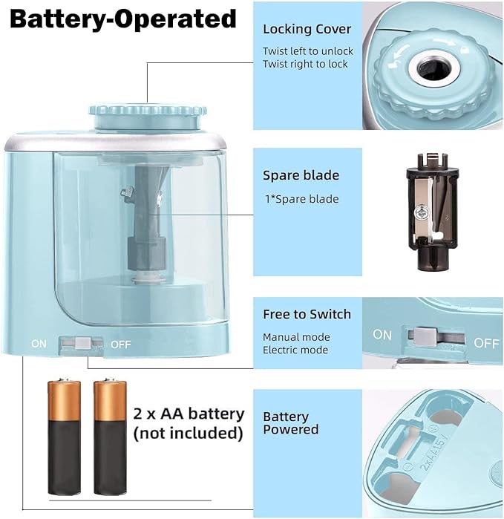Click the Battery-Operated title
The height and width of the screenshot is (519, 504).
(123, 19)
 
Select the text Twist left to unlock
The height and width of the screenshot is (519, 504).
(308, 51)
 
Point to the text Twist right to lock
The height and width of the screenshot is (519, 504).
(305, 64)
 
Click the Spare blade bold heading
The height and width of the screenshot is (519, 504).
(301, 176)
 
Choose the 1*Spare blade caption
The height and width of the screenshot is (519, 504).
(301, 199)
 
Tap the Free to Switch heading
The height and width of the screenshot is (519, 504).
(307, 314)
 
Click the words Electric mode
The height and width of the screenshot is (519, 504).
(295, 350)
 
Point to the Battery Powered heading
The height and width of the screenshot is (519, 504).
(291, 422)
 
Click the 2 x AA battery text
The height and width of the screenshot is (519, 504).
(189, 414)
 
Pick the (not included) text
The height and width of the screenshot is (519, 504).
(188, 432)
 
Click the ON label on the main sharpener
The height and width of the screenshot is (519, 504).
(39, 344)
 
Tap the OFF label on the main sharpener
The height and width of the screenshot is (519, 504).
(120, 344)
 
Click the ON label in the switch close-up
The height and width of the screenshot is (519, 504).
(382, 335)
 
